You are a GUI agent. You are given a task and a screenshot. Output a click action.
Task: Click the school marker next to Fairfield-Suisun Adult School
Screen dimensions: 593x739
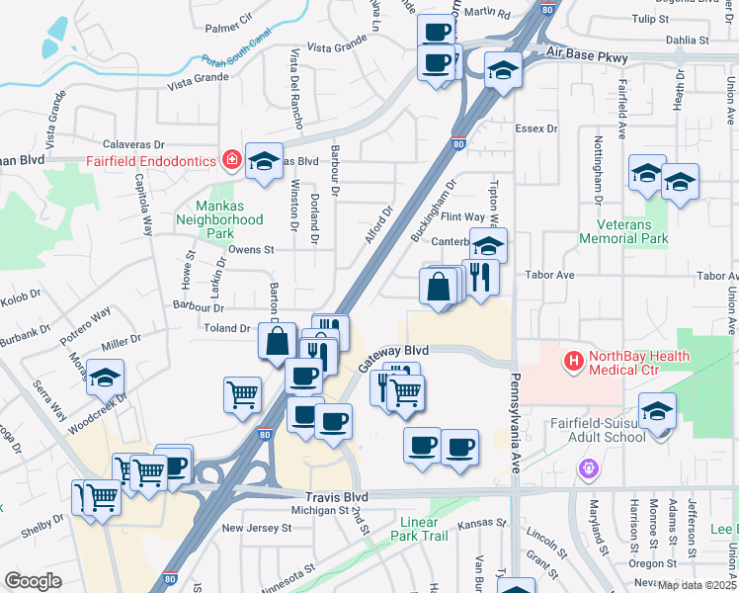pos(657,411)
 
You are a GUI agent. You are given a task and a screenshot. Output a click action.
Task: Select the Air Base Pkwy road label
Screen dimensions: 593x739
pos(585,57)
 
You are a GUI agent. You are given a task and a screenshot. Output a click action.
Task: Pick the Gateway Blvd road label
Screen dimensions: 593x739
pos(393,358)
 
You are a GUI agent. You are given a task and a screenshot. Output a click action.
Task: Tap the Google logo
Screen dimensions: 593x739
pos(33,581)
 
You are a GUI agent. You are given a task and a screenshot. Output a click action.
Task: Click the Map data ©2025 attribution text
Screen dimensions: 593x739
pos(698,585)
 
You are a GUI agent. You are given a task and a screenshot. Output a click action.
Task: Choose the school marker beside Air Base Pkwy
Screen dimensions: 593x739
pos(503,69)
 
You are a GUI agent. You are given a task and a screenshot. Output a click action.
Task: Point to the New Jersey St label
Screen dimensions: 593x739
pos(257,528)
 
